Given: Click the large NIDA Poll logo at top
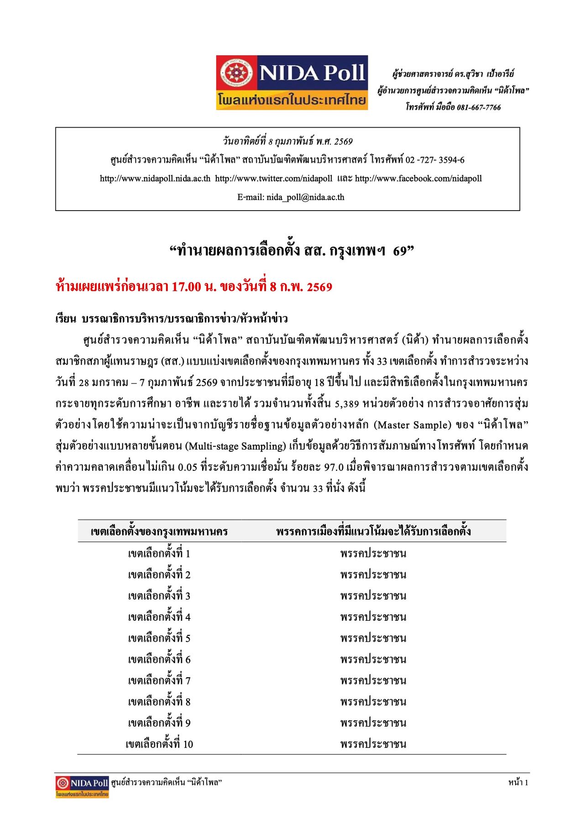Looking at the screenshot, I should click(292, 82).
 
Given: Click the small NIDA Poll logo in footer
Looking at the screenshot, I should click(82, 787).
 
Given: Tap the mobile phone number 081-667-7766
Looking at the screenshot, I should click(479, 108).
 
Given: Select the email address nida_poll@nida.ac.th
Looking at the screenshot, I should click(305, 197).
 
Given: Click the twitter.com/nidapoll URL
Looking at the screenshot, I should click(274, 179).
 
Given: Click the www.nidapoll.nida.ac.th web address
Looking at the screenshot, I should click(155, 179).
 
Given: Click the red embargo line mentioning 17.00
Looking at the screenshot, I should click(194, 287).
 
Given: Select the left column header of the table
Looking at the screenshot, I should click(159, 531).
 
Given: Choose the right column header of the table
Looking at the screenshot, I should click(373, 531).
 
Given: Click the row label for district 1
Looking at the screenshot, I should click(159, 554).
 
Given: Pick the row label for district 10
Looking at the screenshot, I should click(159, 744).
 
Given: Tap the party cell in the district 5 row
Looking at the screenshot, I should click(373, 638).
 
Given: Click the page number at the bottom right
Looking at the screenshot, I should click(518, 783).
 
